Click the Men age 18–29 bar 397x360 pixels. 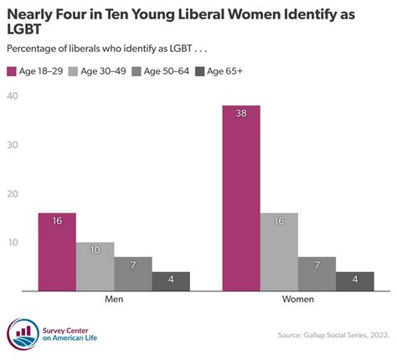coord(57,251)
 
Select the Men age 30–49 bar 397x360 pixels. coord(95,266)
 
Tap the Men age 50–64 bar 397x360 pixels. coord(133,274)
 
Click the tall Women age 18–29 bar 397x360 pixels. coord(241,198)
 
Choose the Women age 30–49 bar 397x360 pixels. coord(279,251)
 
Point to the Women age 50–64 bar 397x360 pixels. coord(317,274)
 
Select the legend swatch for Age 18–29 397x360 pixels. coord(13,71)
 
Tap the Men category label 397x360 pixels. coord(115,299)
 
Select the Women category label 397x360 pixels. coord(297,299)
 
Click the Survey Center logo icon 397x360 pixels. coord(22,333)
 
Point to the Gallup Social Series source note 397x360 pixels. coord(333,336)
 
